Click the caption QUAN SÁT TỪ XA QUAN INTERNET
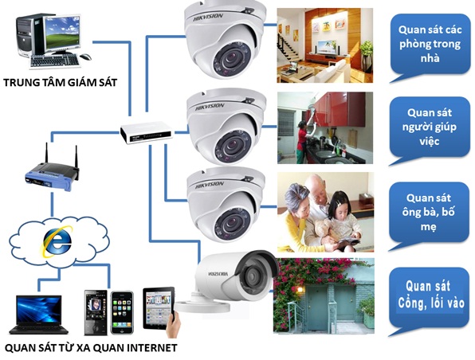click(90, 348)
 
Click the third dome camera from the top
click(226, 198)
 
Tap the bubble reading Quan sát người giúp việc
click(430, 127)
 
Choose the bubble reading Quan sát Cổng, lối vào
click(430, 295)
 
